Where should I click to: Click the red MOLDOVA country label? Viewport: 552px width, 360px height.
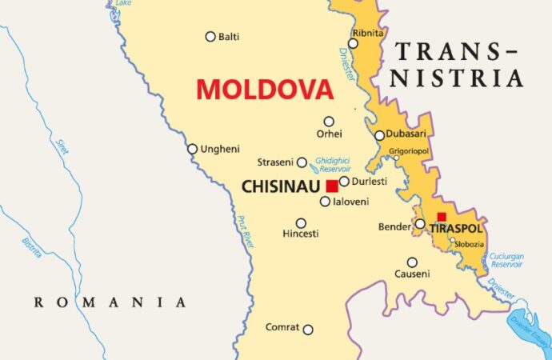point(264,90)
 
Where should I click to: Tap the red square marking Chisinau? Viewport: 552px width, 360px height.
point(331,186)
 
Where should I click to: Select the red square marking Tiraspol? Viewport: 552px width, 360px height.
point(442,216)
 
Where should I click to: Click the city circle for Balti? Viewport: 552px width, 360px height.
point(210,36)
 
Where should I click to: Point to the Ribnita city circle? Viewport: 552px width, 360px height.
point(353,43)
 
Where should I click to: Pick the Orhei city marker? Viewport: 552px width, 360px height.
point(329,122)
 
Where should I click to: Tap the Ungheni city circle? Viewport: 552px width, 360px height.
point(192,149)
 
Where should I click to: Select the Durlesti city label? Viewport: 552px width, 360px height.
point(370,182)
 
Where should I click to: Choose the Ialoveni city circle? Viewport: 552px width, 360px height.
point(325,202)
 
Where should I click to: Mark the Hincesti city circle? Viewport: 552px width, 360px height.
point(301,223)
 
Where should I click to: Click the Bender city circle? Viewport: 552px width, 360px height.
point(420,224)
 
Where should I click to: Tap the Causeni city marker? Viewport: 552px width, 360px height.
point(412,262)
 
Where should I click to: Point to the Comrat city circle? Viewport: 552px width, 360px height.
point(307,329)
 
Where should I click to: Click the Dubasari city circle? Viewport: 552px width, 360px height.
point(379,135)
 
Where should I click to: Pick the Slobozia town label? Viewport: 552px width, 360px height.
point(470,242)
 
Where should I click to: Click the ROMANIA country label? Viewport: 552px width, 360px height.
point(110,302)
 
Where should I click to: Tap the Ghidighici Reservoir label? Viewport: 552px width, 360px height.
point(334,164)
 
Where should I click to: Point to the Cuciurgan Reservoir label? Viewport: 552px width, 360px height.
point(507,260)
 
